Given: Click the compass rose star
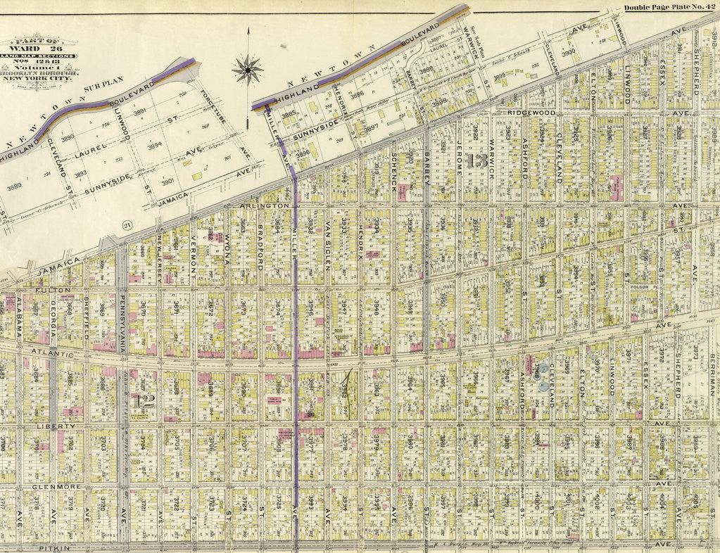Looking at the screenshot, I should [248, 69].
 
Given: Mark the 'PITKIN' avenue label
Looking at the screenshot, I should [56, 547].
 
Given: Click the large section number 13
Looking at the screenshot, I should [476, 161].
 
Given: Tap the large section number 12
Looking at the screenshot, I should [146, 401].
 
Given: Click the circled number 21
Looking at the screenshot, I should [129, 224].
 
